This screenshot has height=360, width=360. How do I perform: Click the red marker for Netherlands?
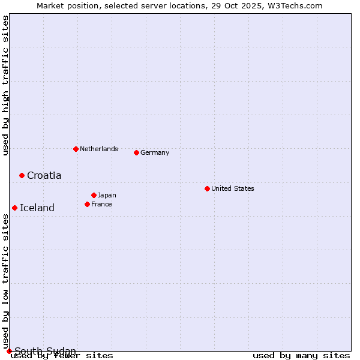76,149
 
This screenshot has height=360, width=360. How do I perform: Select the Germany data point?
136,152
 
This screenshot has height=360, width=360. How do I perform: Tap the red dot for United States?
207,188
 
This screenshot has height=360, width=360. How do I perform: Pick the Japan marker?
94,195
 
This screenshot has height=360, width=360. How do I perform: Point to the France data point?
87,204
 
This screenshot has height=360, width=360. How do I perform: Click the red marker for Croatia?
22,175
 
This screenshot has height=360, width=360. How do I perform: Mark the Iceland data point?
14,208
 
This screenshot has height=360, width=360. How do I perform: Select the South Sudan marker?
9,351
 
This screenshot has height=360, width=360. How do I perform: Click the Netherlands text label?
99,149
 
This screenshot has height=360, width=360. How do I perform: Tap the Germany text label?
155,152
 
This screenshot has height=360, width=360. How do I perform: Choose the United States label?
233,188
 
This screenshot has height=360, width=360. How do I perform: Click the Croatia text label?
44,175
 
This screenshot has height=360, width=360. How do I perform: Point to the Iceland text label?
37,208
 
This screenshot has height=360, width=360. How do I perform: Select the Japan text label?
107,195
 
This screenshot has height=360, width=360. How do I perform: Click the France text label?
101,204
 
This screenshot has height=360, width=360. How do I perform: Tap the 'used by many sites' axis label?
301,355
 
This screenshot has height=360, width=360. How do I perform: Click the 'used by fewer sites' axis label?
62,355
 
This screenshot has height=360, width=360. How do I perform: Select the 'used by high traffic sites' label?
5,85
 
